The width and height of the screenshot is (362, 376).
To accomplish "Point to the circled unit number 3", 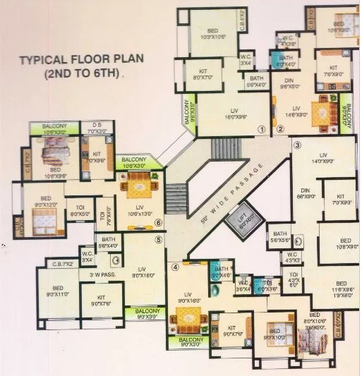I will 297,145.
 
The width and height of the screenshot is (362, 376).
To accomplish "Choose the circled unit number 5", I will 159,239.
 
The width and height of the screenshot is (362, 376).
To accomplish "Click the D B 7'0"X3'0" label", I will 95,129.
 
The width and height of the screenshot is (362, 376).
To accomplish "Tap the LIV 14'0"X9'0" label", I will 324,158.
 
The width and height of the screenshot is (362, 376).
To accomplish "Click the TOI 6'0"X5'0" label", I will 79,210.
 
